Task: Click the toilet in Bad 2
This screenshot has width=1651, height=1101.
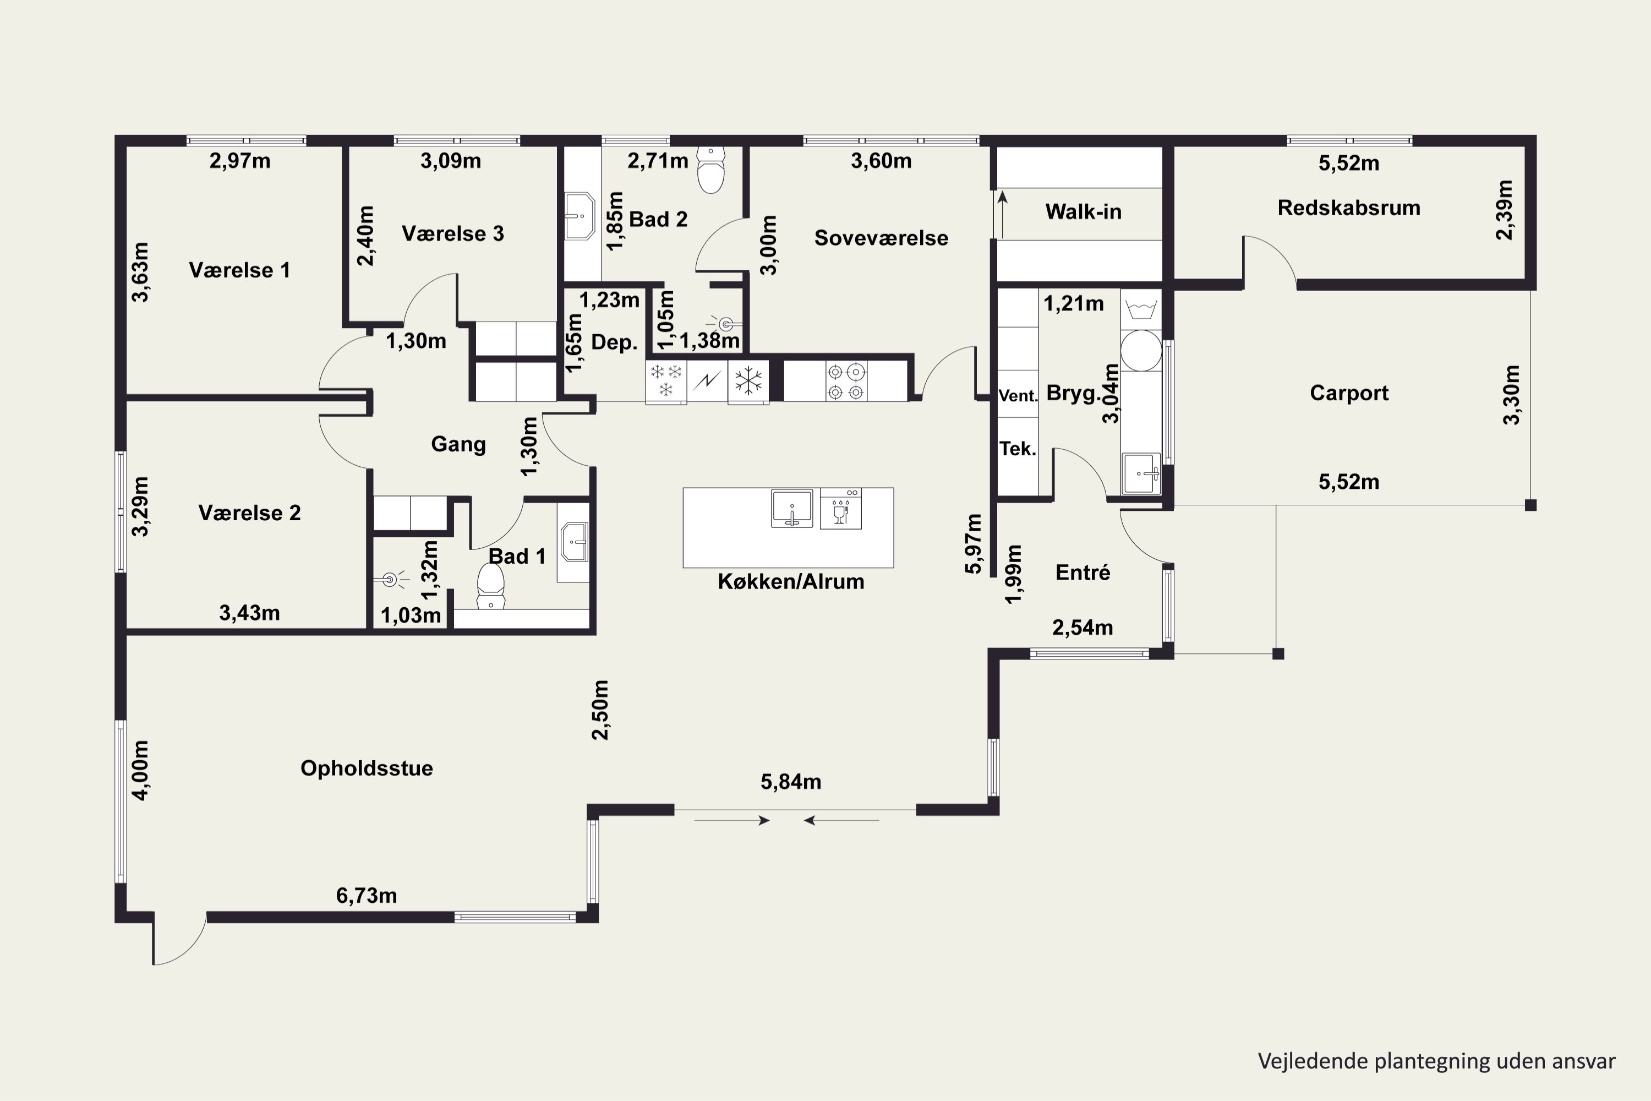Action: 711,170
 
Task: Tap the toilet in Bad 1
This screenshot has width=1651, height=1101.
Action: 491,586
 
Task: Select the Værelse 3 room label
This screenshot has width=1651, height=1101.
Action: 453,233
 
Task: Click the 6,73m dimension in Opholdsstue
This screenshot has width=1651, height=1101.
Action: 367,895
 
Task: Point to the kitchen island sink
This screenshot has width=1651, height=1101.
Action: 792,508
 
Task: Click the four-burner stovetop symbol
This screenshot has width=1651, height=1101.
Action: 846,381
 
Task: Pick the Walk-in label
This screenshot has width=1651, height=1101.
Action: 1083,211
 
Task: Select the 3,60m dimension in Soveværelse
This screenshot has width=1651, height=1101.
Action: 881,161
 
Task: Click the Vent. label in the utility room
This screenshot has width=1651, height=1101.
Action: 1018,395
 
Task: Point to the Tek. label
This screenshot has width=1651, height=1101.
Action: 1018,449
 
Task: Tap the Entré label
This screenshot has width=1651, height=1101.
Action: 1083,573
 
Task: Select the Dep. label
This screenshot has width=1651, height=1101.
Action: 614,342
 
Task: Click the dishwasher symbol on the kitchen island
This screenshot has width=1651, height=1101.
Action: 840,508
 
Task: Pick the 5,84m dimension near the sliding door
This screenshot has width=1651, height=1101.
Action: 790,782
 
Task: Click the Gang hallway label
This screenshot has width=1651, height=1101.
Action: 458,444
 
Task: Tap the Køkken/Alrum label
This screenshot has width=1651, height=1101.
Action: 790,581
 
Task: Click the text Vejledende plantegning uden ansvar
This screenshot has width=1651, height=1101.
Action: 1436,1061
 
